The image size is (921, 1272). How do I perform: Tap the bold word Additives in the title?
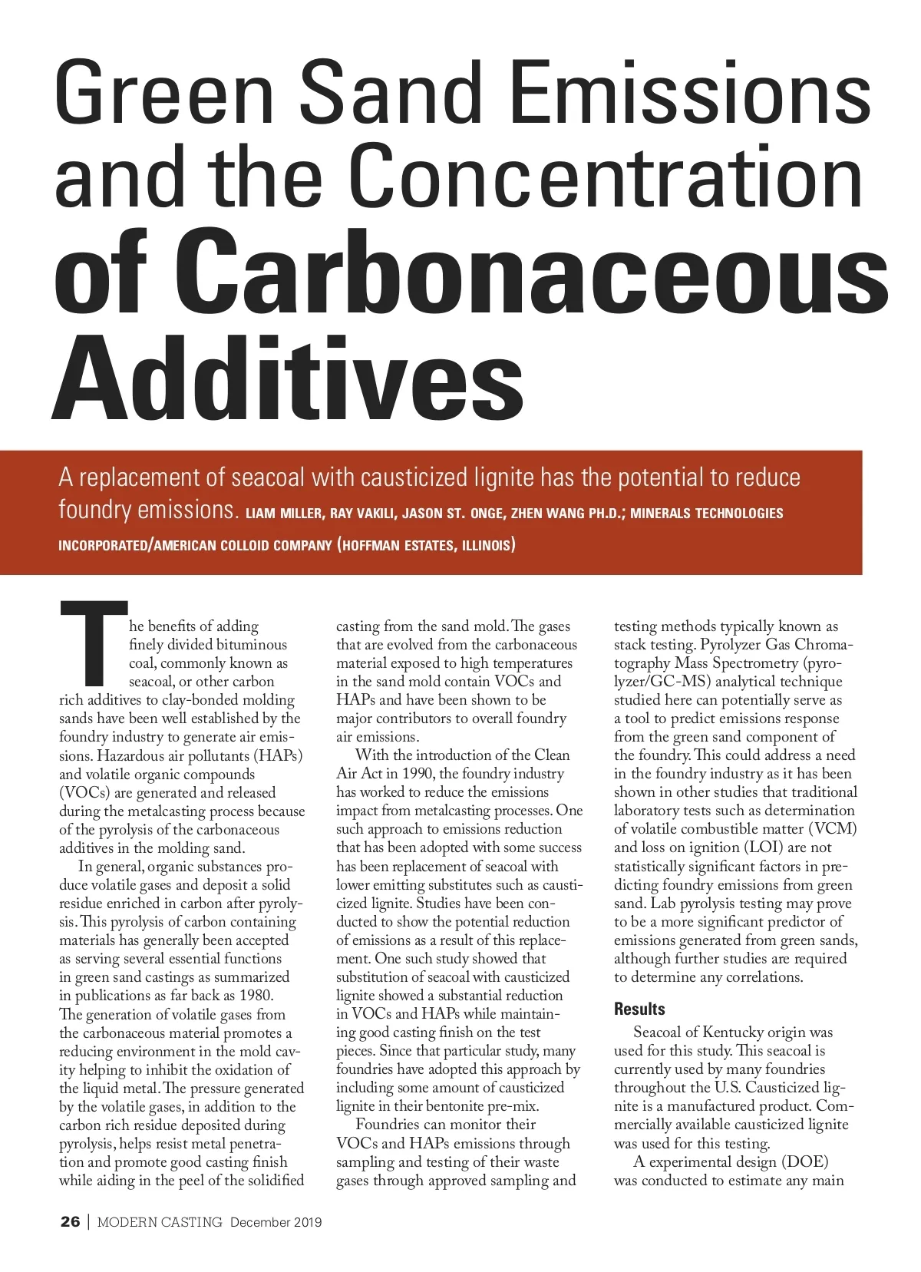tap(289, 377)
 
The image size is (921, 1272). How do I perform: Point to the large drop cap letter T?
tap(94, 643)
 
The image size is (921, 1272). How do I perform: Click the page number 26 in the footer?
tap(70, 1222)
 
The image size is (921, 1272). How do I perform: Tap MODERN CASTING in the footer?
tap(160, 1222)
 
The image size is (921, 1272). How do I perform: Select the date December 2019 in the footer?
tap(276, 1222)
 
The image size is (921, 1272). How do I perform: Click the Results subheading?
tap(639, 1009)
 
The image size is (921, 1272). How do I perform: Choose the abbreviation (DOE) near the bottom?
tap(804, 1162)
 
